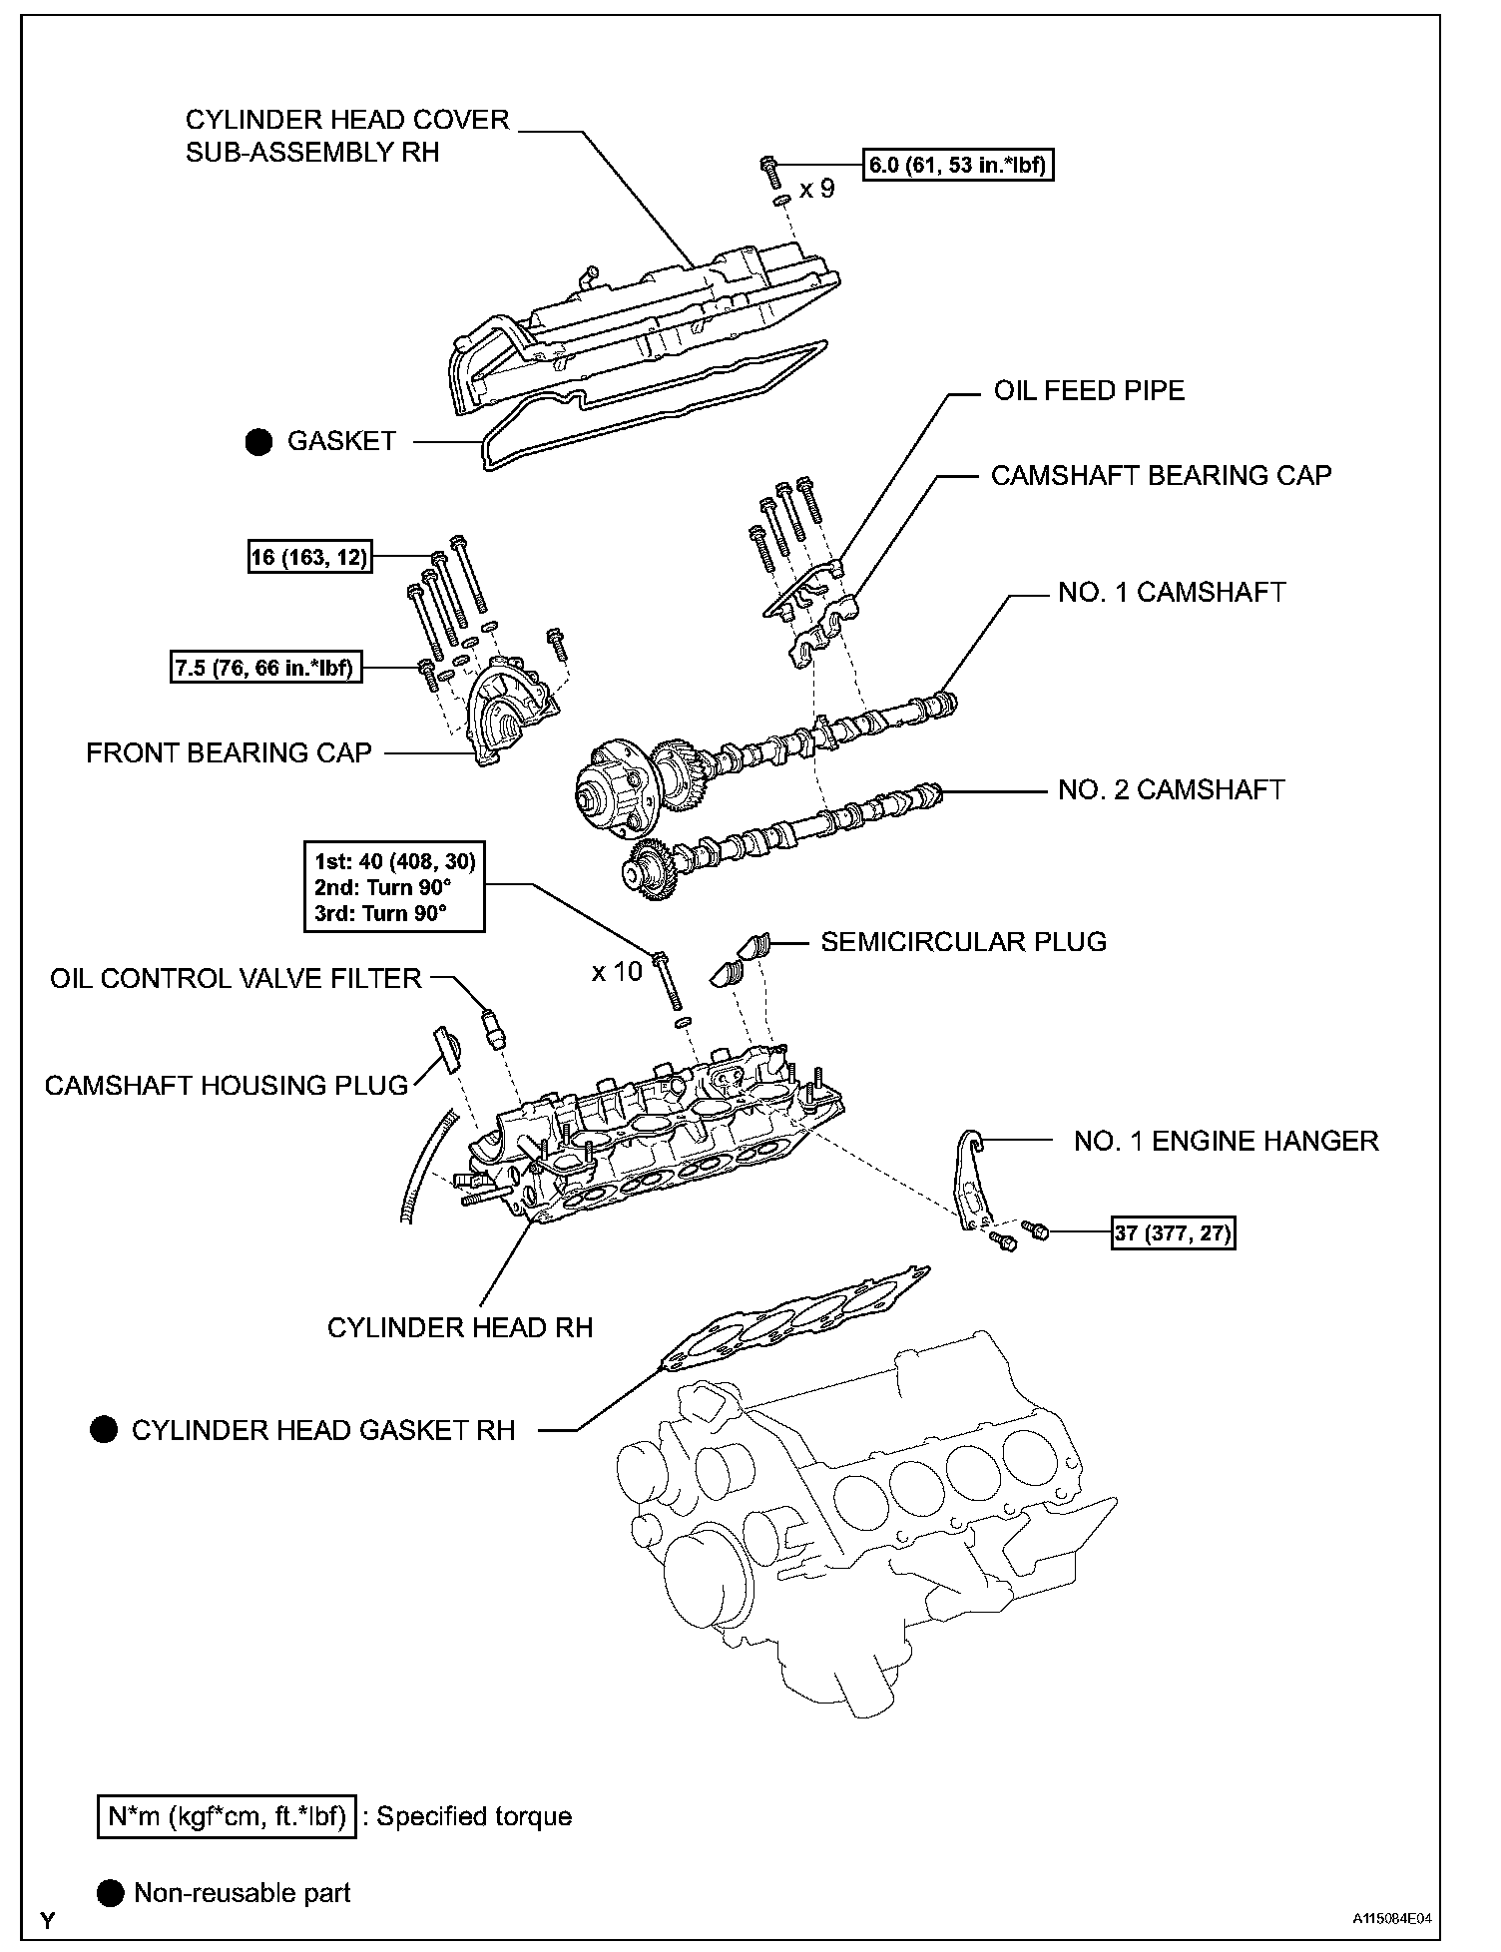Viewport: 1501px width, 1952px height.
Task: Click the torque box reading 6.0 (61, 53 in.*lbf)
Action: [958, 165]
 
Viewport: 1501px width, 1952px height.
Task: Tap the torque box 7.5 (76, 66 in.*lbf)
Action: [264, 668]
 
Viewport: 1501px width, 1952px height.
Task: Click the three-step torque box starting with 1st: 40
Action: [395, 886]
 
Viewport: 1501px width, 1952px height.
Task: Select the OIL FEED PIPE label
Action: [1088, 390]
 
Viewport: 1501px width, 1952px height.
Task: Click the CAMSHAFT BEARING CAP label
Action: [1161, 475]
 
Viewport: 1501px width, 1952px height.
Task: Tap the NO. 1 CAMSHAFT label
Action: [1171, 592]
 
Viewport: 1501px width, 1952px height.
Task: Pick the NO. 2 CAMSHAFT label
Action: [1171, 789]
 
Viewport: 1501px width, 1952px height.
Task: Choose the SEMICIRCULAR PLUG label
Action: [963, 941]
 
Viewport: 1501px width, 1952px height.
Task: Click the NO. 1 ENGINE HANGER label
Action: [1226, 1141]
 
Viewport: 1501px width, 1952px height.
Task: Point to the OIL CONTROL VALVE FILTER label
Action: [236, 978]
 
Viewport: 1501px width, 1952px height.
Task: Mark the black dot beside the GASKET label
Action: [258, 442]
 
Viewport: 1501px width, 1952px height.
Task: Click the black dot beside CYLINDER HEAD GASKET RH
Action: [104, 1430]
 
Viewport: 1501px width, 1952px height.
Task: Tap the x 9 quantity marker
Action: [816, 189]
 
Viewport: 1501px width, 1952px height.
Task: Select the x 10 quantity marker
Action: [617, 971]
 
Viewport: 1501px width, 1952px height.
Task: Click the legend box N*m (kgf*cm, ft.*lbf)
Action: [227, 1816]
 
